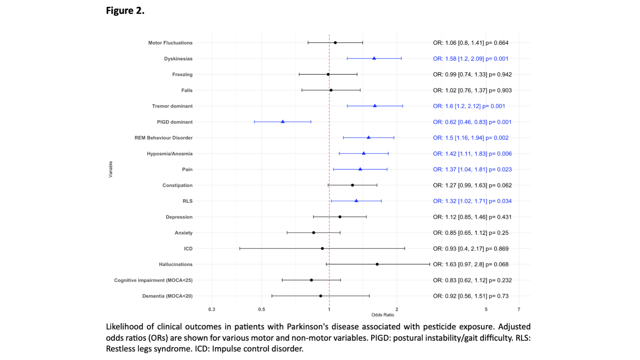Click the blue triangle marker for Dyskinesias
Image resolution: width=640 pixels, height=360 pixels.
[x=374, y=58]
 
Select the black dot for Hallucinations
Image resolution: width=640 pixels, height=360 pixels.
[x=377, y=264]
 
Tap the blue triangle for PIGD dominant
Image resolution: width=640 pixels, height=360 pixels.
[x=283, y=122]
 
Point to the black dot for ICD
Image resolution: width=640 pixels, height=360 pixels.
[x=322, y=248]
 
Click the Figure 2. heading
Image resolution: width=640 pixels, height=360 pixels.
[x=125, y=11]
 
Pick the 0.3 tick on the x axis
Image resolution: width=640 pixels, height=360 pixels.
[x=212, y=309]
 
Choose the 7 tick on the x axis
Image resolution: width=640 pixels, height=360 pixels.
[x=519, y=309]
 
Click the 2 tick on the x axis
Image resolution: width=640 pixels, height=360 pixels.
[x=397, y=309]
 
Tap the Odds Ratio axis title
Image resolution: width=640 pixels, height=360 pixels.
[x=383, y=315]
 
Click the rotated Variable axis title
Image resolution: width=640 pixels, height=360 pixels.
[x=111, y=169]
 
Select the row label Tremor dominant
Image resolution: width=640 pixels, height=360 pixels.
[x=172, y=106]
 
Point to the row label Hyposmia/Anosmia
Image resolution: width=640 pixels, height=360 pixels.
[x=169, y=154]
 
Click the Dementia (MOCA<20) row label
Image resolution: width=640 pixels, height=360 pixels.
[x=167, y=296]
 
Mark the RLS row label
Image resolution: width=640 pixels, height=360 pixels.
[x=187, y=201]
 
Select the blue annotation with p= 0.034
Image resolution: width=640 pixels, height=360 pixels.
[x=472, y=201]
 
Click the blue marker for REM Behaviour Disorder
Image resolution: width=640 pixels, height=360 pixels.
[x=368, y=137]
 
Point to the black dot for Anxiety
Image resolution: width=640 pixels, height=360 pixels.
[x=313, y=233]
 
